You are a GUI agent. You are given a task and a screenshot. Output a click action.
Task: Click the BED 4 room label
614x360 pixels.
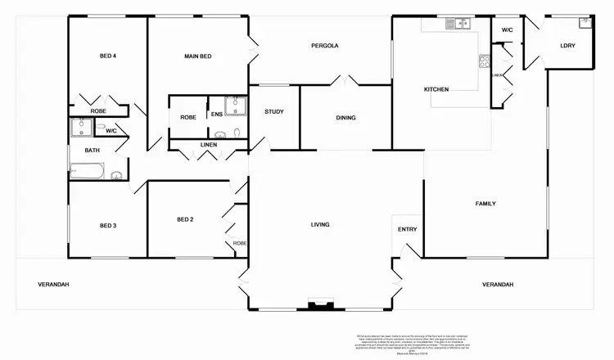pos(108,56)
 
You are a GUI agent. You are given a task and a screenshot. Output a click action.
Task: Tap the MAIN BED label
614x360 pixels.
pos(198,56)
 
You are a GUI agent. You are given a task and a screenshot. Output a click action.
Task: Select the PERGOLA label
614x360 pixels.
pos(325,46)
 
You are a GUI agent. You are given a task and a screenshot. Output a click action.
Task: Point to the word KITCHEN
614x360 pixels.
pos(436,89)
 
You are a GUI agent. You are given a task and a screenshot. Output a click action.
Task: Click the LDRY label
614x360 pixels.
pos(567,46)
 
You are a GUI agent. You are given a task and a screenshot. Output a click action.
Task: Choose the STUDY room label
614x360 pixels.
pos(273,111)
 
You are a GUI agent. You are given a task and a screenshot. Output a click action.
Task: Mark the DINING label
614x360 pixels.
pos(345,118)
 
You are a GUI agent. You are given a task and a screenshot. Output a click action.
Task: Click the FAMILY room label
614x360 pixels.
pos(485,203)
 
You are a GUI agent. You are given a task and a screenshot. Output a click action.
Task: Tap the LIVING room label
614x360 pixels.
pos(320,223)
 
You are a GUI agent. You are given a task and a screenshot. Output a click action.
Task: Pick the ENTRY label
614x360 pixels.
pos(407,229)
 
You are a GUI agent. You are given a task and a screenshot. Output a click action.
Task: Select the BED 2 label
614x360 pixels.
pos(185,218)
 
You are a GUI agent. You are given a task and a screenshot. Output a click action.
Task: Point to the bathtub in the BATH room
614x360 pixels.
pos(88,171)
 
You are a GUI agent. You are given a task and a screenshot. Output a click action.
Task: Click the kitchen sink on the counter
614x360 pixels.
pos(455,24)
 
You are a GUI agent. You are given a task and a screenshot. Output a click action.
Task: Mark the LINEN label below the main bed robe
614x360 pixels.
pos(208,145)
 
